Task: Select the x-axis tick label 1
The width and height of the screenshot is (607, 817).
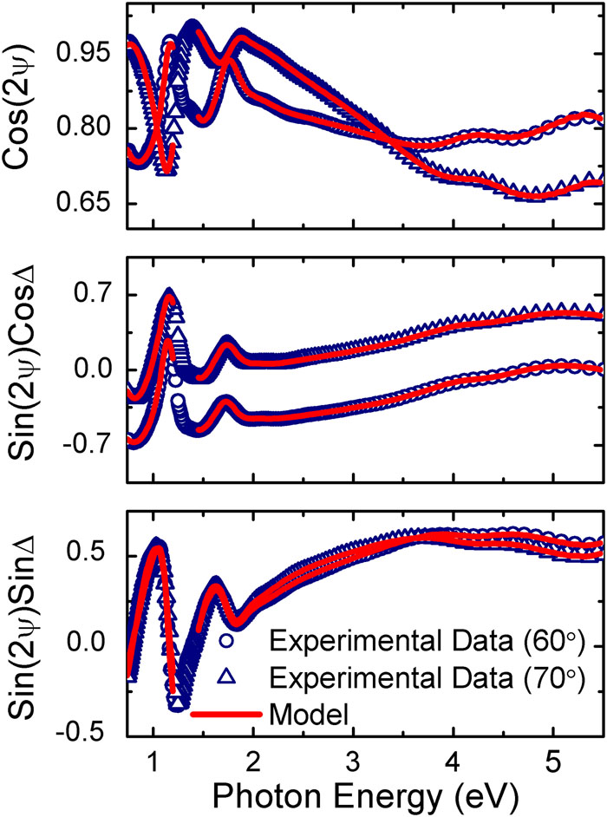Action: (153, 756)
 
